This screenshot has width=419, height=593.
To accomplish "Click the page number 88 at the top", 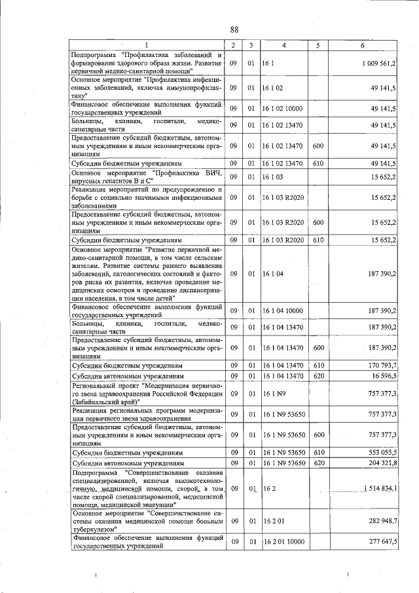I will (x=234, y=29).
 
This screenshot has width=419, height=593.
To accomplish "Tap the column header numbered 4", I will (x=283, y=45).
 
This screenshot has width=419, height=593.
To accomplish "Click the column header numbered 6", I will (x=361, y=45).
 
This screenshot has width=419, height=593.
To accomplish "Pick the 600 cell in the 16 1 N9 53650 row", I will (x=318, y=434).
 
